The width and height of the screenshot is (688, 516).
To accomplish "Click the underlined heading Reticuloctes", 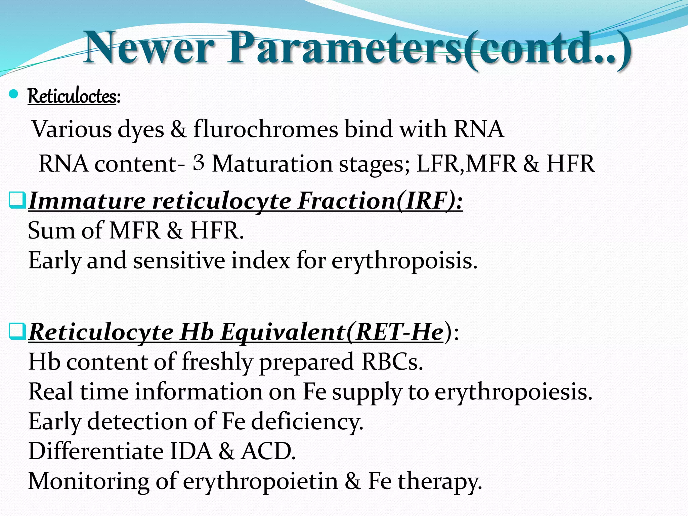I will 73,96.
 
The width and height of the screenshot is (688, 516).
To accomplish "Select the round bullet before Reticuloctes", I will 13,95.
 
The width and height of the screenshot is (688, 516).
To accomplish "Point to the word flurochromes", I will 265,129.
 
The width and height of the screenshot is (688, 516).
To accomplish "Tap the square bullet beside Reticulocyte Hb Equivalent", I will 16,332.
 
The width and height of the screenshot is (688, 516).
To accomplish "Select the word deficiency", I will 307,422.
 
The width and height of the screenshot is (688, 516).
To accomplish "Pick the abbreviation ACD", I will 268,451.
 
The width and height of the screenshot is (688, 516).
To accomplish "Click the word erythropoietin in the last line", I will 260,481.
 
